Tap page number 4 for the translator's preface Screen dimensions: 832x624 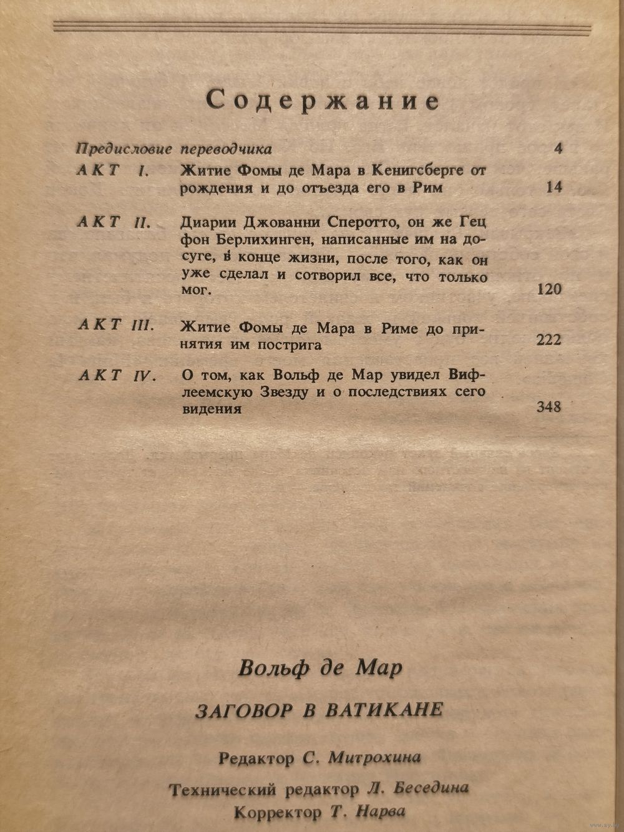click(558, 149)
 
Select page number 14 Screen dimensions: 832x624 click(553, 187)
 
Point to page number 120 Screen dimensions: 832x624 click(549, 289)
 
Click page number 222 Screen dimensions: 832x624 click(548, 340)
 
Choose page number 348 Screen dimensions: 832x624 click(548, 408)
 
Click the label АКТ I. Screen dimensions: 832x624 click(112, 170)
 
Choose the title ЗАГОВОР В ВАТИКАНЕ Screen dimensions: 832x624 click(319, 710)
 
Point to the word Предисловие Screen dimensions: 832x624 click(124, 149)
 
